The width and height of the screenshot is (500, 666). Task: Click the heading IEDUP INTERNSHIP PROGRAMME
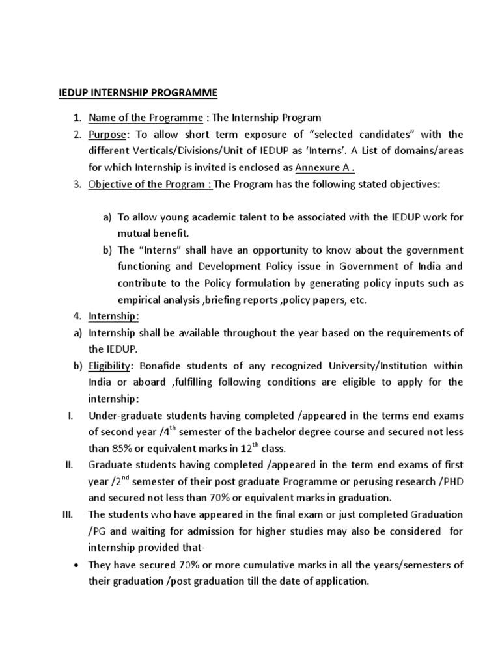coord(135,92)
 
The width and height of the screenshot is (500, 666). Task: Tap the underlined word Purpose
coord(109,135)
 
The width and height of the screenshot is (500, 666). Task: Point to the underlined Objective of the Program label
coord(150,185)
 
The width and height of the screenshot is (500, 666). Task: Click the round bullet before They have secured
coord(76,565)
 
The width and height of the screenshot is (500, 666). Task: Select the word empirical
coord(140,299)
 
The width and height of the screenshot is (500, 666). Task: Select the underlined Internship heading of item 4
coord(113,316)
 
